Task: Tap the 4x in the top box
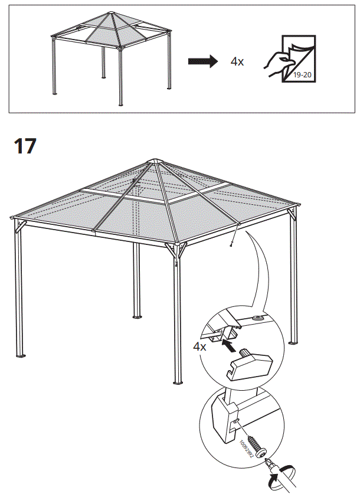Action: [237, 62]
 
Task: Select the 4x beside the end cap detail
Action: [199, 346]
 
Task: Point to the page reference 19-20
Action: [302, 76]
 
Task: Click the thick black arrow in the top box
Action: [202, 61]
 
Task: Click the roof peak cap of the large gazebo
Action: [155, 160]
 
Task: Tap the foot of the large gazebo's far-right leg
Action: [293, 343]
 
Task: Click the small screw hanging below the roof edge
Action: [232, 243]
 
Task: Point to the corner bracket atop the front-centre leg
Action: [175, 250]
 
